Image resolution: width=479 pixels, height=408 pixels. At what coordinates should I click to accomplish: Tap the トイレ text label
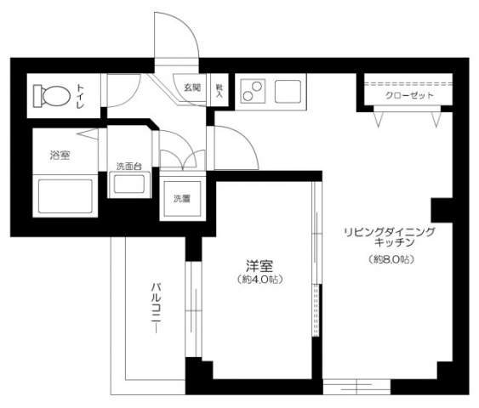[x=81, y=93]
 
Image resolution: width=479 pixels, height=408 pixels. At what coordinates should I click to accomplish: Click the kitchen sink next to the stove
[x=287, y=90]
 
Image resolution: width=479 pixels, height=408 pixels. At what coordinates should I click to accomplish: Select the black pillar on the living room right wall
[x=441, y=209]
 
